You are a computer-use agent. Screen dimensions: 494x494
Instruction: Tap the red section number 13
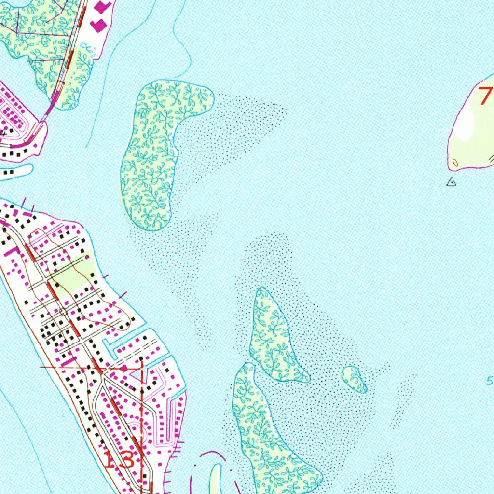point(119,460)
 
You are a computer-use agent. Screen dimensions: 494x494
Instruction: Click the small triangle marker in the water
point(451,182)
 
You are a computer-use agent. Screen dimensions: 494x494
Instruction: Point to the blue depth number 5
point(489,381)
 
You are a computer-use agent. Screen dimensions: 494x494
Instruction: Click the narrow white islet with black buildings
point(14,171)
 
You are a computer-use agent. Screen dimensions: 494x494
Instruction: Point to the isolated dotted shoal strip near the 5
point(405,400)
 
